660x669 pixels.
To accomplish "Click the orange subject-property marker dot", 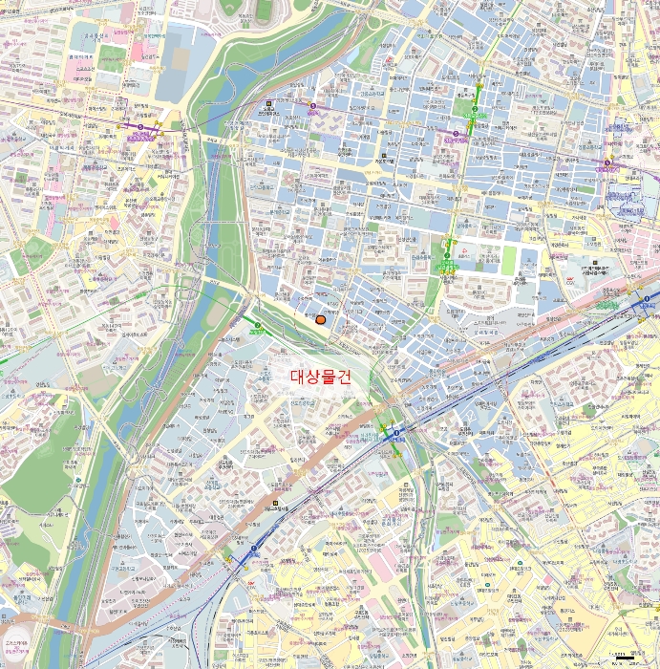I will [x=320, y=321].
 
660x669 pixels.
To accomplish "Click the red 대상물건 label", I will [x=320, y=377].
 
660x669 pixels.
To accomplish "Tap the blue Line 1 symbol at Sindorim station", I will [x=395, y=434].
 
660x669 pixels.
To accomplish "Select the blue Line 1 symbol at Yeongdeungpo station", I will [x=647, y=300].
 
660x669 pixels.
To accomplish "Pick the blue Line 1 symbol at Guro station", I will [x=254, y=550].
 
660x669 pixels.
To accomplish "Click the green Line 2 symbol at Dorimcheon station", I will [x=257, y=326].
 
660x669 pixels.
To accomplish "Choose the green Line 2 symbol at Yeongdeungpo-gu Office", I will [x=474, y=110].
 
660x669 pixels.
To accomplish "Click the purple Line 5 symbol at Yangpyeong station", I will [x=312, y=105].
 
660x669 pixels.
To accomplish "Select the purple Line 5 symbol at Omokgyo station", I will [x=140, y=126].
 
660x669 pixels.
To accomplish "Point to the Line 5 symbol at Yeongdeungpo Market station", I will [x=608, y=162].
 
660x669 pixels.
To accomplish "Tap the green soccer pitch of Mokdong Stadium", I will [x=264, y=11].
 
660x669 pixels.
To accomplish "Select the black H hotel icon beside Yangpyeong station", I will [x=270, y=104].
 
